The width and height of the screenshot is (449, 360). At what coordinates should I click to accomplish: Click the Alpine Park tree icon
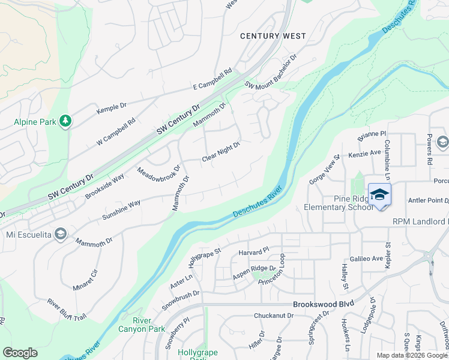click(65, 122)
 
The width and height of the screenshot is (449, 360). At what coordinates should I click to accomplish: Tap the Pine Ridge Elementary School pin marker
click(379, 196)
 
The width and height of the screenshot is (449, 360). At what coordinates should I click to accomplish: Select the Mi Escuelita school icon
click(60, 233)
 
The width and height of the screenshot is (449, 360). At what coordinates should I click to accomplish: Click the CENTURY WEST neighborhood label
click(269, 36)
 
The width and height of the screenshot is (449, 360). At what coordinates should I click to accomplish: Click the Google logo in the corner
click(20, 353)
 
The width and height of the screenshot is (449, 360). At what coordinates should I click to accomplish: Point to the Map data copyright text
click(411, 355)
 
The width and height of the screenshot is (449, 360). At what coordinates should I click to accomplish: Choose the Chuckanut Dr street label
click(273, 315)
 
